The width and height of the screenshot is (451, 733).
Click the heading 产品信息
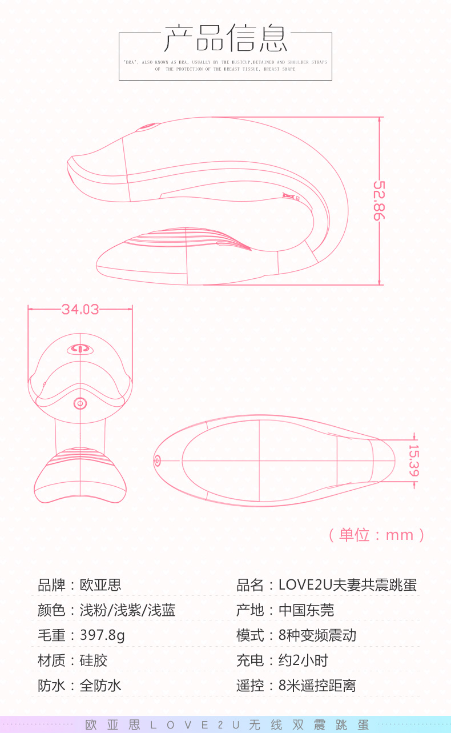[x=226, y=38]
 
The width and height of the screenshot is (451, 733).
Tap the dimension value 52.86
[x=380, y=201]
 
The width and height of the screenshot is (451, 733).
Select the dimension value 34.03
[x=80, y=309]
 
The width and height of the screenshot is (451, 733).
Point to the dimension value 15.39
[x=413, y=460]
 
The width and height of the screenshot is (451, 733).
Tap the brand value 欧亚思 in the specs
[x=100, y=585]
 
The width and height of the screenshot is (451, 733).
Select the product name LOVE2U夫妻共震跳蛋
[x=348, y=585]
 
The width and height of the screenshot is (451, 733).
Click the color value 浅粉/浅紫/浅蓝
[x=127, y=610]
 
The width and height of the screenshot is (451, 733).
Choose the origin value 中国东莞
[x=306, y=610]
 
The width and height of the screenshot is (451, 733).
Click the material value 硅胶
[x=94, y=660]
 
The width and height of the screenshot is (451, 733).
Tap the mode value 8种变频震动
[x=317, y=635]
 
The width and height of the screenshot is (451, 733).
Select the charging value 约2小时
[x=303, y=660]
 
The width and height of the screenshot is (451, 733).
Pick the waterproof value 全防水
[x=100, y=686]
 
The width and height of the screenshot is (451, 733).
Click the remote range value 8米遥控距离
[x=317, y=686]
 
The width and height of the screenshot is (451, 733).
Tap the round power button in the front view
[x=80, y=403]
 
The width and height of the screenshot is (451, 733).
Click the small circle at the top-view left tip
[x=157, y=460]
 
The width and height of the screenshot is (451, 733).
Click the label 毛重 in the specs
[x=51, y=635]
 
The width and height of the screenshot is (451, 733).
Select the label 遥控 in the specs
[x=250, y=686]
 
